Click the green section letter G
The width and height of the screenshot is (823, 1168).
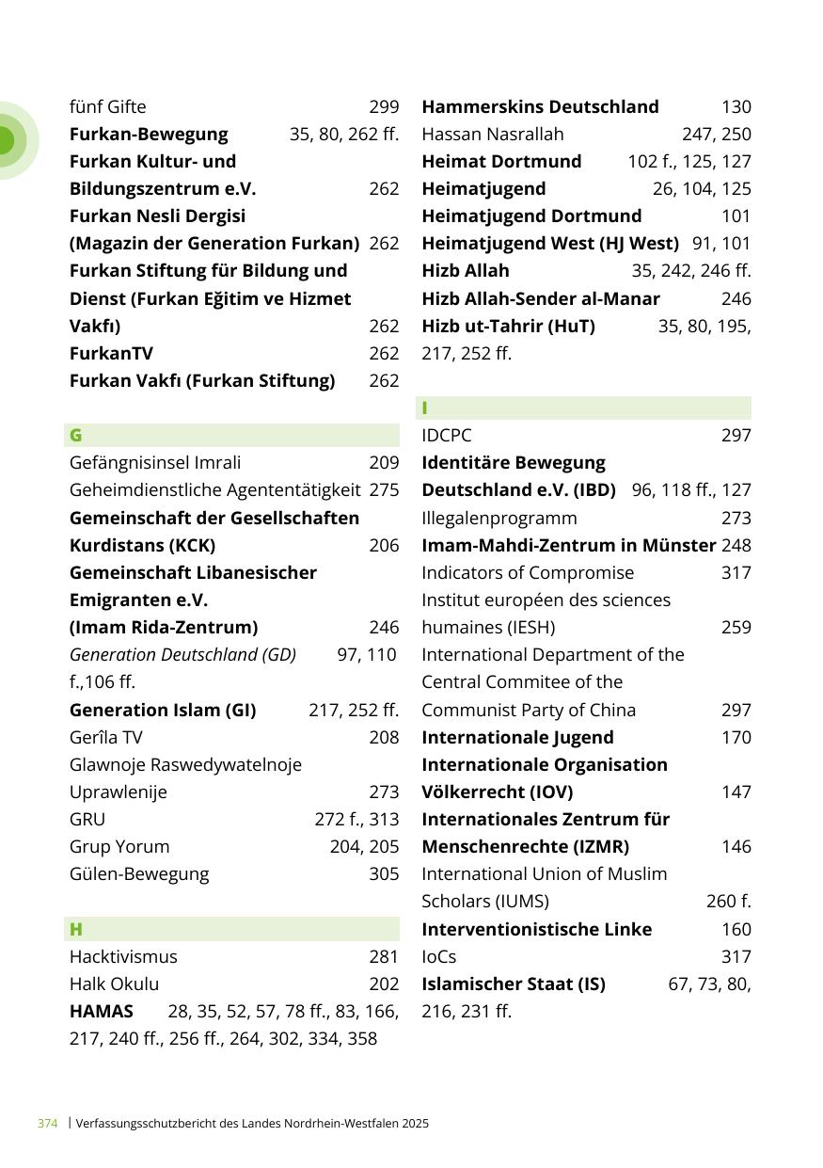pos(75,435)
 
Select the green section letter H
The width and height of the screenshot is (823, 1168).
pos(76,929)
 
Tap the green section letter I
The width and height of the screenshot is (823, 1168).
pos(425,408)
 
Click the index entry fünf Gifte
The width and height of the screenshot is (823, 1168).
pos(108,107)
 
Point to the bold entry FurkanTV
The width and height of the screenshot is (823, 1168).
pos(112,354)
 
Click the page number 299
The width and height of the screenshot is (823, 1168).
pos(384,107)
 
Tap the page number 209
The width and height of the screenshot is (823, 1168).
pos(384,462)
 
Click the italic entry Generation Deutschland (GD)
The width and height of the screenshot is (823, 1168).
pos(183,654)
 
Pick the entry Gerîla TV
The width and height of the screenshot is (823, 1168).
pos(105,737)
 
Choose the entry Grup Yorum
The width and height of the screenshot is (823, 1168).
pos(119,846)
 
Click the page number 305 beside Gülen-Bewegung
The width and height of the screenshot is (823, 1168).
pos(384,874)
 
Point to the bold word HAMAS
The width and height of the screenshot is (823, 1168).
pos(102,1011)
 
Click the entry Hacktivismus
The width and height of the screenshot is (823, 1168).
pos(123,956)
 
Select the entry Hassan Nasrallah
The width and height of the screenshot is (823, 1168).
pos(493,134)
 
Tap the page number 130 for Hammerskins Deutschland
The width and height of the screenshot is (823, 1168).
pos(736,107)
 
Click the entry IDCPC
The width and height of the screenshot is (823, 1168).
pos(447,435)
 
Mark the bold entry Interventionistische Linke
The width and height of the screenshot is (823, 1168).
pos(537,929)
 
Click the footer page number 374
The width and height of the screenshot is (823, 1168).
pos(47,1123)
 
